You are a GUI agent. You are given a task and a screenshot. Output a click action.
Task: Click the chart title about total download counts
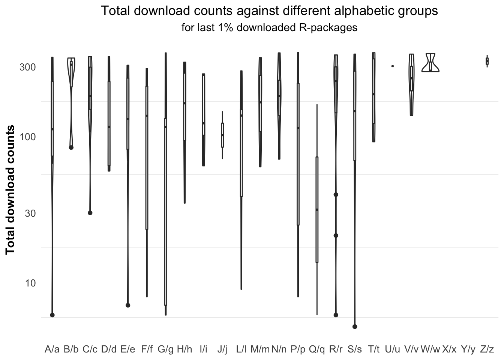[269, 11]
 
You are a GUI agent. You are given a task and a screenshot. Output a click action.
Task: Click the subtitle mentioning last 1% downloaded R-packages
[269, 28]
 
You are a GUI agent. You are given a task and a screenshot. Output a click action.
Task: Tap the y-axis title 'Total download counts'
[10, 190]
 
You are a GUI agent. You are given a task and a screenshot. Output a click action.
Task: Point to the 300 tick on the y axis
[27, 67]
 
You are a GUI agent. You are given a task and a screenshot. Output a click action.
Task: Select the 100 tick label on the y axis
[27, 136]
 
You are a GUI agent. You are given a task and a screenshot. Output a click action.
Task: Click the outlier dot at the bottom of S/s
[355, 327]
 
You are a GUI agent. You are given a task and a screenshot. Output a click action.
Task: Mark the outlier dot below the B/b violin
[71, 147]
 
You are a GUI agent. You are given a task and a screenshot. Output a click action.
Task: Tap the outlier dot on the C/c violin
[90, 213]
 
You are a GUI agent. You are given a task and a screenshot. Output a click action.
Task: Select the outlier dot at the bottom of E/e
[128, 305]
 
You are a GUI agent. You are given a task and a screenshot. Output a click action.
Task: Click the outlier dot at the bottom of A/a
[52, 315]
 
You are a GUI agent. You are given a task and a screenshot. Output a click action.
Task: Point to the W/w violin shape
[430, 63]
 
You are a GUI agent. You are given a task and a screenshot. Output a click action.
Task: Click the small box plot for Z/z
[487, 61]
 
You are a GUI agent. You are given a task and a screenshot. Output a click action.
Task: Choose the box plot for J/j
[222, 135]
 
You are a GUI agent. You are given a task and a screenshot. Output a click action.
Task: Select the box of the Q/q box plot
[317, 209]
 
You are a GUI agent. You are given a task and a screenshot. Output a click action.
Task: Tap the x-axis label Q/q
[317, 349]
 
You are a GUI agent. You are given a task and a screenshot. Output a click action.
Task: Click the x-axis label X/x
[449, 349]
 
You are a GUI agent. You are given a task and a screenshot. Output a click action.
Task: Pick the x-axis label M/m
[260, 349]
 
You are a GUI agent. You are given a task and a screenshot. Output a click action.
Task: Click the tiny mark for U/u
[393, 66]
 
